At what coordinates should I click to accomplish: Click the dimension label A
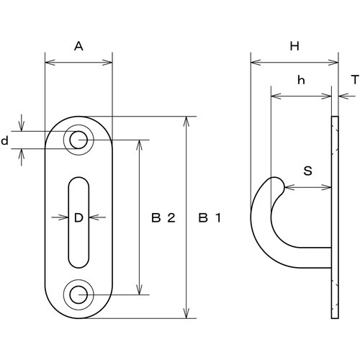coord(78,46)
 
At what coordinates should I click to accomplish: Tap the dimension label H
coord(294,46)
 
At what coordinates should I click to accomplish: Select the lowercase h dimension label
coord(301,80)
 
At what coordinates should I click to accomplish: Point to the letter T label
coord(355,80)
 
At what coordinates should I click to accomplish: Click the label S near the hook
coord(307,171)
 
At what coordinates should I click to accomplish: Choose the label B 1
coord(210,217)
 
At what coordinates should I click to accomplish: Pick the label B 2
coord(163,217)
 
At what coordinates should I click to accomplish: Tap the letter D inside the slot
coord(78,217)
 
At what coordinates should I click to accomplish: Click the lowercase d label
coord(4,140)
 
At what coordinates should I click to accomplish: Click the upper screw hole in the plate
coord(78,140)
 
